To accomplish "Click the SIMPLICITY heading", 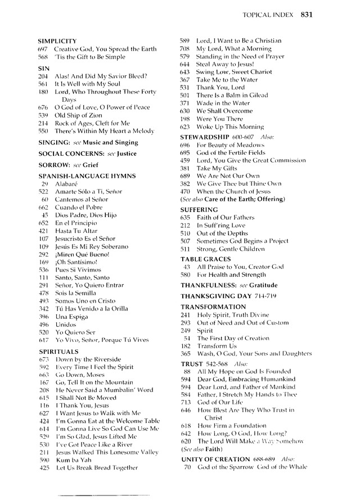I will tap(57, 41).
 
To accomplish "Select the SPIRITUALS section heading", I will tap(58, 351).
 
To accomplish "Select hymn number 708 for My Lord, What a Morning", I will tap(184, 49).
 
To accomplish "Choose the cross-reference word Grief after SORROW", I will tap(89, 165).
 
